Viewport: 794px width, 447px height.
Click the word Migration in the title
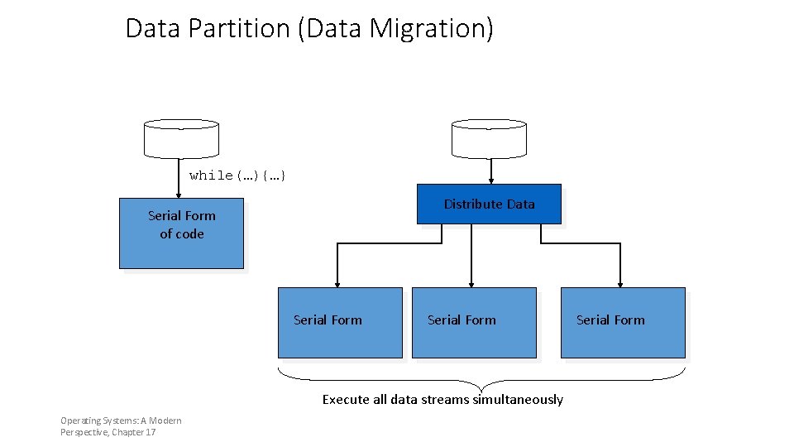[x=430, y=29]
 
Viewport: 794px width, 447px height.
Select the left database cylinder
[x=181, y=138]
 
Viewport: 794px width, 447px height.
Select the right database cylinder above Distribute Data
[x=489, y=138]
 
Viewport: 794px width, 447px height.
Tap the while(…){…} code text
[x=237, y=175]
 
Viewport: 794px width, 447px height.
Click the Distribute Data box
[x=489, y=204]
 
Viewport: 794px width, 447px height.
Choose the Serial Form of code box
[x=181, y=233]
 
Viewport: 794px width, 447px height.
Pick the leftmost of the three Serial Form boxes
[x=340, y=323]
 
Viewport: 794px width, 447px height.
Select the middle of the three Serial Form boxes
[x=474, y=323]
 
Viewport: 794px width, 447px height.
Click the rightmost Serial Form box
[x=623, y=323]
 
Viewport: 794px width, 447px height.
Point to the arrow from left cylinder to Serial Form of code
[x=179, y=178]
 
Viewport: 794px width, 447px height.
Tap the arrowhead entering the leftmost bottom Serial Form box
[x=337, y=282]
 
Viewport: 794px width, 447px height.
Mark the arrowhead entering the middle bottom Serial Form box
[x=471, y=282]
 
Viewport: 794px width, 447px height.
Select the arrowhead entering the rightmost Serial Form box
[x=620, y=282]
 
